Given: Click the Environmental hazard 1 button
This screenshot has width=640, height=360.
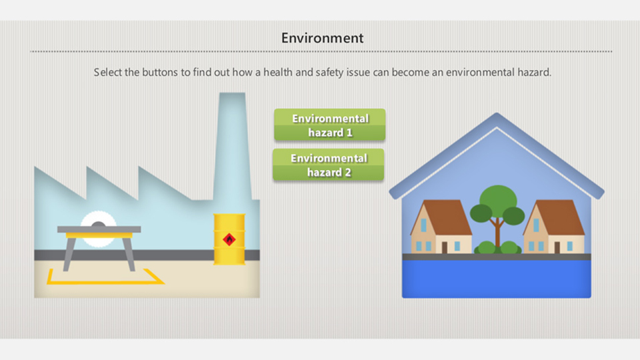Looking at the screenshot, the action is (x=330, y=125).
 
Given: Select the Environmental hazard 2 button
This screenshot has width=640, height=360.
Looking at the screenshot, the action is (x=329, y=165).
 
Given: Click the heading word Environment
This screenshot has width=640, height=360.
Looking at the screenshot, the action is (x=322, y=38).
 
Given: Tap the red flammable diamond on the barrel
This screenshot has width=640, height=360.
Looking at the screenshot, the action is (x=229, y=239).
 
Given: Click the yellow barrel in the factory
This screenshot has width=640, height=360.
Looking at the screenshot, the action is (x=229, y=239).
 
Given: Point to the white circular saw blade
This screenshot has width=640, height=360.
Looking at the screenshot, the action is (x=99, y=229).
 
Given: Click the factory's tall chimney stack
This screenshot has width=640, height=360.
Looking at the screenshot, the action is (x=232, y=146).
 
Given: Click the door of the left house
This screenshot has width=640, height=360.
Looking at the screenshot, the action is (x=444, y=247).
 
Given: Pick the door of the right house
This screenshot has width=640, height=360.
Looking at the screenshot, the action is (x=557, y=247).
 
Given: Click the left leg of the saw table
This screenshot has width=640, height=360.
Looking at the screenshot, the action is (x=69, y=255).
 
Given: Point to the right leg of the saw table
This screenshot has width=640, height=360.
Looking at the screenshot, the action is (x=129, y=255).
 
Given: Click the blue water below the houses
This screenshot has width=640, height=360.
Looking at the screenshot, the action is (x=496, y=279).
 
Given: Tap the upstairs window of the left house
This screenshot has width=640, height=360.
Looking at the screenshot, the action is (x=423, y=225).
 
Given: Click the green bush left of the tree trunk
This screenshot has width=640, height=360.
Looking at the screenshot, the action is (x=486, y=247).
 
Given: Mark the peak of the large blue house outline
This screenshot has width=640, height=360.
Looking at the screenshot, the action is (x=496, y=113).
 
